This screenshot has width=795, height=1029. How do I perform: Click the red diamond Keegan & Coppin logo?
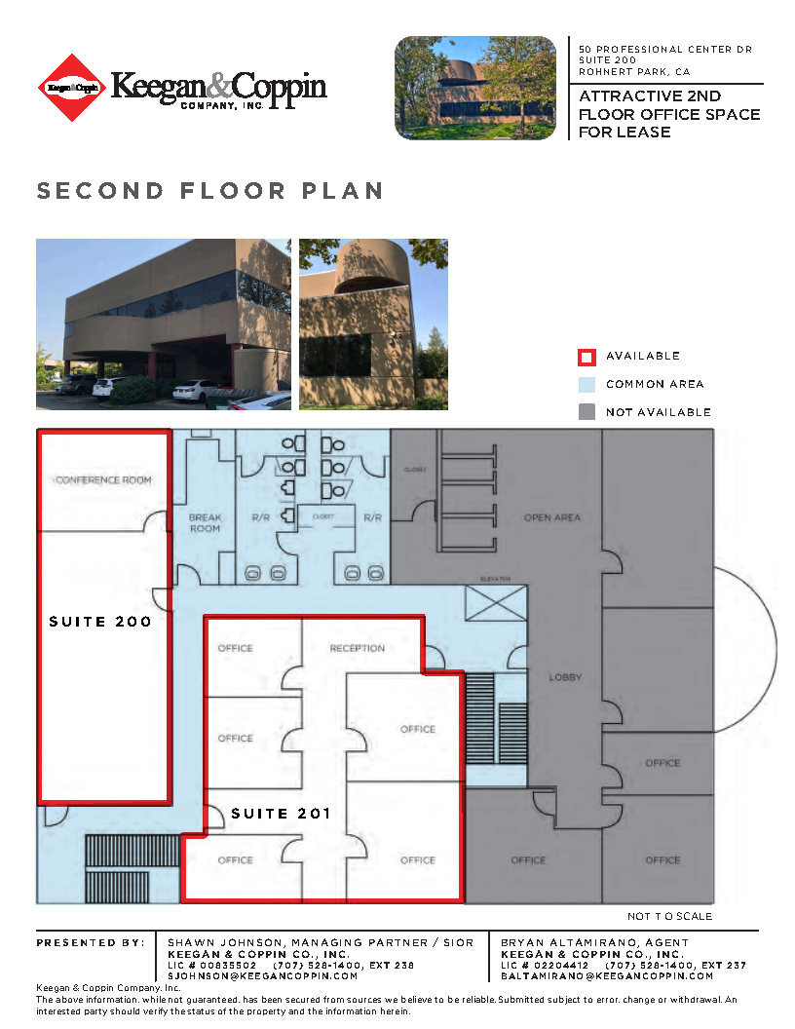71,88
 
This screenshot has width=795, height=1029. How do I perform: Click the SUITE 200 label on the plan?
100,622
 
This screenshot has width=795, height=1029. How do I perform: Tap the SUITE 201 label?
282,814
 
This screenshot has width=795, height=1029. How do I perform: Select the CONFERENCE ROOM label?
104,480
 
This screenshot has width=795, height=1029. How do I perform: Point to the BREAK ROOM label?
205,523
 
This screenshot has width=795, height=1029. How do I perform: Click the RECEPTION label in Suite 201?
357,648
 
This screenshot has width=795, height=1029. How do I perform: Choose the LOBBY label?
565,677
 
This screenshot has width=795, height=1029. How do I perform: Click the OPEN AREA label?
552,517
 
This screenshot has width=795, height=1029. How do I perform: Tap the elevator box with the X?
496,603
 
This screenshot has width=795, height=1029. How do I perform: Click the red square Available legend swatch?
587,357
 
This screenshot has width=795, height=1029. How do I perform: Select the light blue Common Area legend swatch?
587,384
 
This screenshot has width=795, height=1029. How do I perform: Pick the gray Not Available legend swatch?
587,412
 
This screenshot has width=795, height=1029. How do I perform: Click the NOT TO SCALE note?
669,916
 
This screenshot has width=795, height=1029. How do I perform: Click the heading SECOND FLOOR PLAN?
209,191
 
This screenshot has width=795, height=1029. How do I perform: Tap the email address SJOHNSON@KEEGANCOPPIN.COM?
263,975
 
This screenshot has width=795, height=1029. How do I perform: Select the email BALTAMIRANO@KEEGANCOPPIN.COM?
607,975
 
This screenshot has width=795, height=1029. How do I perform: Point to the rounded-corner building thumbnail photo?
474,88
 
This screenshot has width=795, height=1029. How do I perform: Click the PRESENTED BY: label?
91,943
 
